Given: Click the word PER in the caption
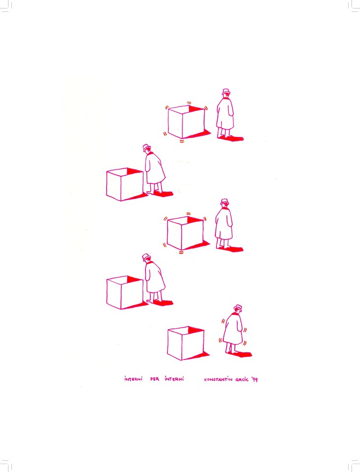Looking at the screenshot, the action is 154,379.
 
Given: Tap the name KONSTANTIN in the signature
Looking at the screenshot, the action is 218,379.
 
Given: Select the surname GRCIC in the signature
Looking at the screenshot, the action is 242,379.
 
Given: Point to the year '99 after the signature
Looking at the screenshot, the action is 254,379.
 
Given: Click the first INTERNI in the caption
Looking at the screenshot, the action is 133,379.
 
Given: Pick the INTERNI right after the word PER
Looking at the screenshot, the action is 174,379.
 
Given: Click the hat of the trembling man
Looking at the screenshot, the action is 238,307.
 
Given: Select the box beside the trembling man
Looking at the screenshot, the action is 186,343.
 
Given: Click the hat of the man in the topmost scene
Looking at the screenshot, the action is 226,92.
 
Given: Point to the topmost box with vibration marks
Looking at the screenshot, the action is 186,122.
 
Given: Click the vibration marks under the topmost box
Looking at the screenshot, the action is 181,140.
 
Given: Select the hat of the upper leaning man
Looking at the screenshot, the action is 146,147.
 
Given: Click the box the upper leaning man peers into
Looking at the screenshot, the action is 125,184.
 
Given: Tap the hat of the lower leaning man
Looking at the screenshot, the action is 146,257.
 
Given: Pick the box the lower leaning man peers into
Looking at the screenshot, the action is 125,293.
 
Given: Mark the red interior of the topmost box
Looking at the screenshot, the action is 196,109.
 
